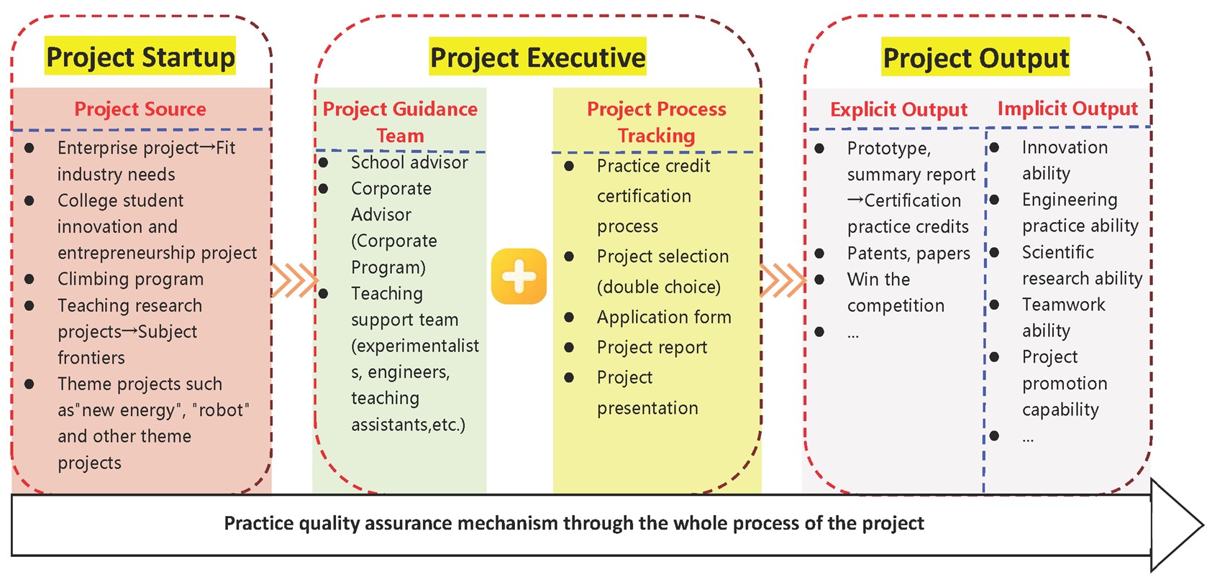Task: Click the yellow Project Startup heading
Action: pyautogui.click(x=140, y=57)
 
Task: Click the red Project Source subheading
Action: pyautogui.click(x=140, y=109)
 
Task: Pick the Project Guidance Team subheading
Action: pyautogui.click(x=400, y=122)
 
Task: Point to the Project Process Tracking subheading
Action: pyautogui.click(x=656, y=122)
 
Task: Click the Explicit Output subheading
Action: pyautogui.click(x=898, y=110)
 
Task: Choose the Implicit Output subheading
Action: pyautogui.click(x=1067, y=109)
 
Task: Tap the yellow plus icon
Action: pyautogui.click(x=519, y=277)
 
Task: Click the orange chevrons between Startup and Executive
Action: pyautogui.click(x=294, y=280)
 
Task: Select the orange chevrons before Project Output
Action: pyautogui.click(x=783, y=280)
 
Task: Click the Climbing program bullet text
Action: pyautogui.click(x=130, y=279)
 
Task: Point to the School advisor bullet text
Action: pyautogui.click(x=409, y=162)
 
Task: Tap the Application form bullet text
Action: pyautogui.click(x=663, y=317)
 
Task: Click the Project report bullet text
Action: pyautogui.click(x=652, y=348)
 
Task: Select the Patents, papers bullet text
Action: pyautogui.click(x=908, y=254)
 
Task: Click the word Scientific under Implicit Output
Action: pyautogui.click(x=1057, y=252)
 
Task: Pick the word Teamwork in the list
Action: pyautogui.click(x=1063, y=305)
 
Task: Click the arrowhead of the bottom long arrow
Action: pyautogui.click(x=1176, y=525)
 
